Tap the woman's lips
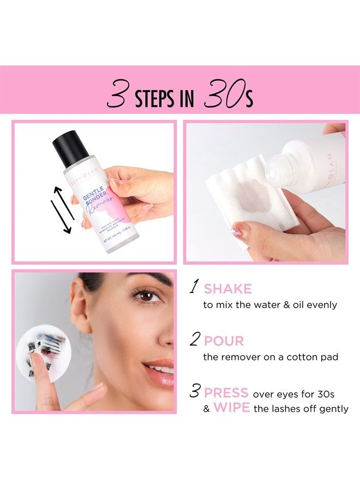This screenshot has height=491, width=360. [160, 372]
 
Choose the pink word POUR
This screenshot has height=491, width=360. [224, 342]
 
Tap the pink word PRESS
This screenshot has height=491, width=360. [226, 393]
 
